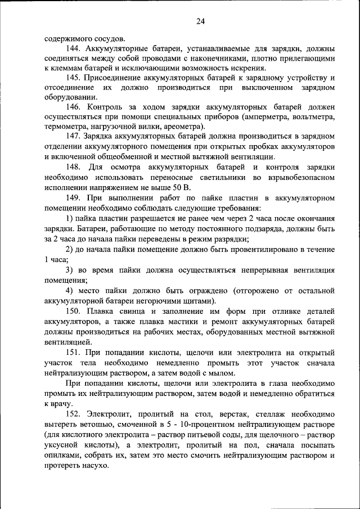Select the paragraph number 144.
pos(74,49)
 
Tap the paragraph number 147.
pos(74,137)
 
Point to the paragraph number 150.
pos(74,311)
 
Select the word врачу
pos(60,403)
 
